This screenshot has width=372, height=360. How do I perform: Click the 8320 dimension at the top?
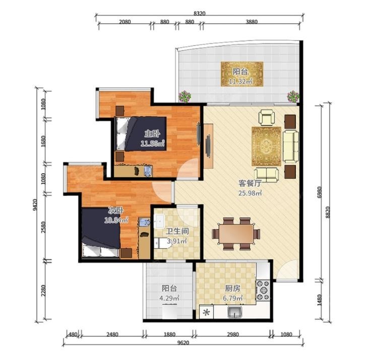199,14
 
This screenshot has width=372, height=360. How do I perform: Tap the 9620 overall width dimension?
183,343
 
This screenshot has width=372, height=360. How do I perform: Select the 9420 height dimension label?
35,205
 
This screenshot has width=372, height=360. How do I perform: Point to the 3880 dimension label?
252,22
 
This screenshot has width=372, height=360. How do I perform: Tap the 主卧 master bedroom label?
152,134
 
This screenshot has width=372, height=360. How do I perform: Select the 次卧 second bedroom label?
116,210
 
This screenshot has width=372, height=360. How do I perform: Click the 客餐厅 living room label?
250,183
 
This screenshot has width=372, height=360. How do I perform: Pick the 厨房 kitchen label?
232,289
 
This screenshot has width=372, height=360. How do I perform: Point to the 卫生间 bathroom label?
177,231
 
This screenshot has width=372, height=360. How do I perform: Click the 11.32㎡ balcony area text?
240,81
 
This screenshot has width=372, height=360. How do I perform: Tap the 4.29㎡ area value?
169,298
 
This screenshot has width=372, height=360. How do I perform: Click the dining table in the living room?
236,234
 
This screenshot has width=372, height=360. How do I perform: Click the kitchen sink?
234,312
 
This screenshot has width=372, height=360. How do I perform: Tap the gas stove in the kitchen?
263,291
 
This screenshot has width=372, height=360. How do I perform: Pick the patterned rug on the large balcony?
242,74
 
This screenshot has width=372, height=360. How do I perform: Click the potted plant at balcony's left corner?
185,97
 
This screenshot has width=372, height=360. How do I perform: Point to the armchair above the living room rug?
267,117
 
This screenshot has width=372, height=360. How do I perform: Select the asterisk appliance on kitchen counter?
206,312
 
